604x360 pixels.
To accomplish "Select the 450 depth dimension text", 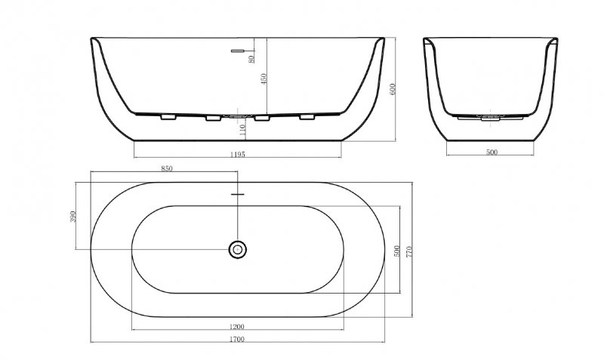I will [263, 79].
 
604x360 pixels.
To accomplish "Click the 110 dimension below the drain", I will [242, 129].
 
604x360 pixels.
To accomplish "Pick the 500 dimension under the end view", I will [492, 153].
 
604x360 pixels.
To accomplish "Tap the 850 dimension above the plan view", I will [167, 169].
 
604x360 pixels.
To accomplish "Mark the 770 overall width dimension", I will [410, 251].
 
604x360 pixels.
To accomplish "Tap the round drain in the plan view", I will [238, 248].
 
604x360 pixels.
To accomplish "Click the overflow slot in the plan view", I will [238, 195].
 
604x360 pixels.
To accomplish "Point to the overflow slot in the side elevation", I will [238, 51].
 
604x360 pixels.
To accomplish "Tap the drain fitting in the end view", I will [492, 117].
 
